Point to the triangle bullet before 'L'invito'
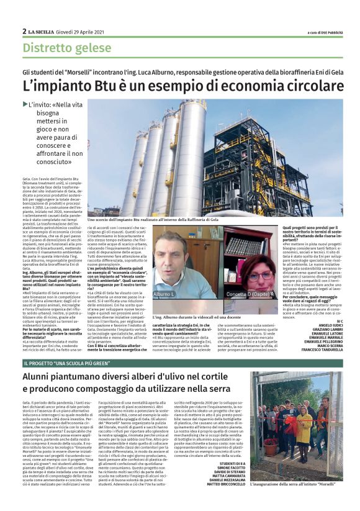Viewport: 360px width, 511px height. coord(25,104)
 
